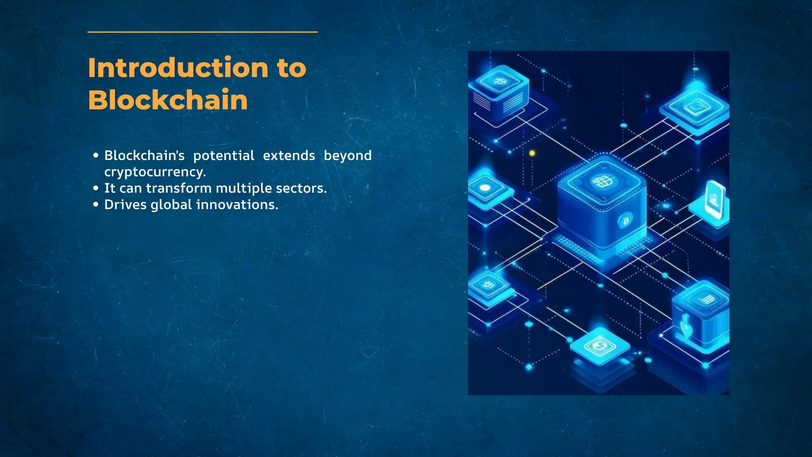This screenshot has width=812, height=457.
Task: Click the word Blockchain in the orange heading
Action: (x=168, y=100)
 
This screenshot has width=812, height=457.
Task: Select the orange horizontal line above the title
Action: (x=202, y=32)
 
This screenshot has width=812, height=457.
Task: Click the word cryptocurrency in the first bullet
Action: (x=155, y=172)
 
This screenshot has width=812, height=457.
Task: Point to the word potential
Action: (x=224, y=156)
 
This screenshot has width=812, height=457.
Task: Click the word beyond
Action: (x=347, y=156)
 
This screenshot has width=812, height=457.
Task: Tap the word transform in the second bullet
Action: (x=178, y=188)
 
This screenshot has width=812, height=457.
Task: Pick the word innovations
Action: (x=237, y=205)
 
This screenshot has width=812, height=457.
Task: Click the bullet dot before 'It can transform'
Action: (x=96, y=188)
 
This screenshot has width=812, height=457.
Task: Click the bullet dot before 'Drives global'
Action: (x=96, y=205)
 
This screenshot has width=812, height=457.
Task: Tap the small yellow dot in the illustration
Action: (x=532, y=153)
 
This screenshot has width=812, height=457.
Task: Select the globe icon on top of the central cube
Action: (x=602, y=182)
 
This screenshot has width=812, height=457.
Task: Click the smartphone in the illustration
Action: (x=715, y=200)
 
